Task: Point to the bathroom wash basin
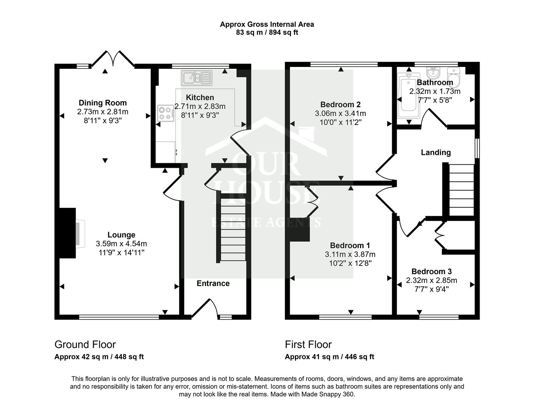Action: (432, 71)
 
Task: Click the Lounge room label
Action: (121, 235)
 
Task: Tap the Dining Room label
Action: (102, 103)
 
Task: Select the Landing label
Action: (436, 152)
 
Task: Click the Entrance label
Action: (213, 283)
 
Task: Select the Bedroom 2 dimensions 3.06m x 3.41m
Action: (340, 113)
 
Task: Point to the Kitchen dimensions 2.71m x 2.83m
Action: (200, 106)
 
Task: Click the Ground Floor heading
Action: (85, 345)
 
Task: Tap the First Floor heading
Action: (308, 345)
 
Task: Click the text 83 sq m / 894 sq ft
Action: (267, 32)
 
